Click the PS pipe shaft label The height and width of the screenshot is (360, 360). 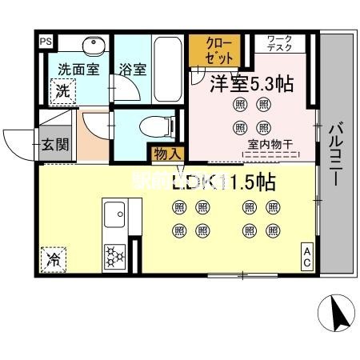click(x=46, y=39)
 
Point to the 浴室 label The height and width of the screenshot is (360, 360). click(x=134, y=69)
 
